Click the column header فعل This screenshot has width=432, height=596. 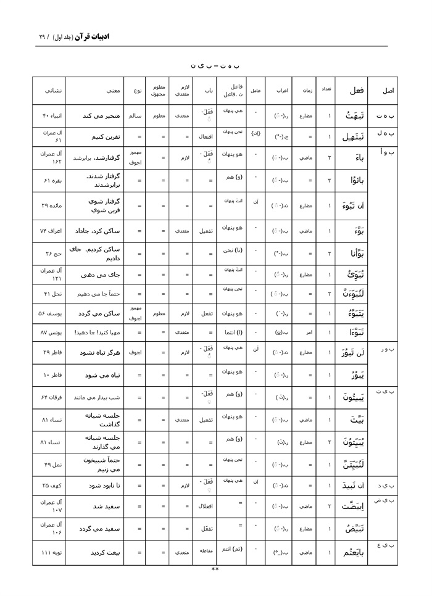[x=357, y=91]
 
